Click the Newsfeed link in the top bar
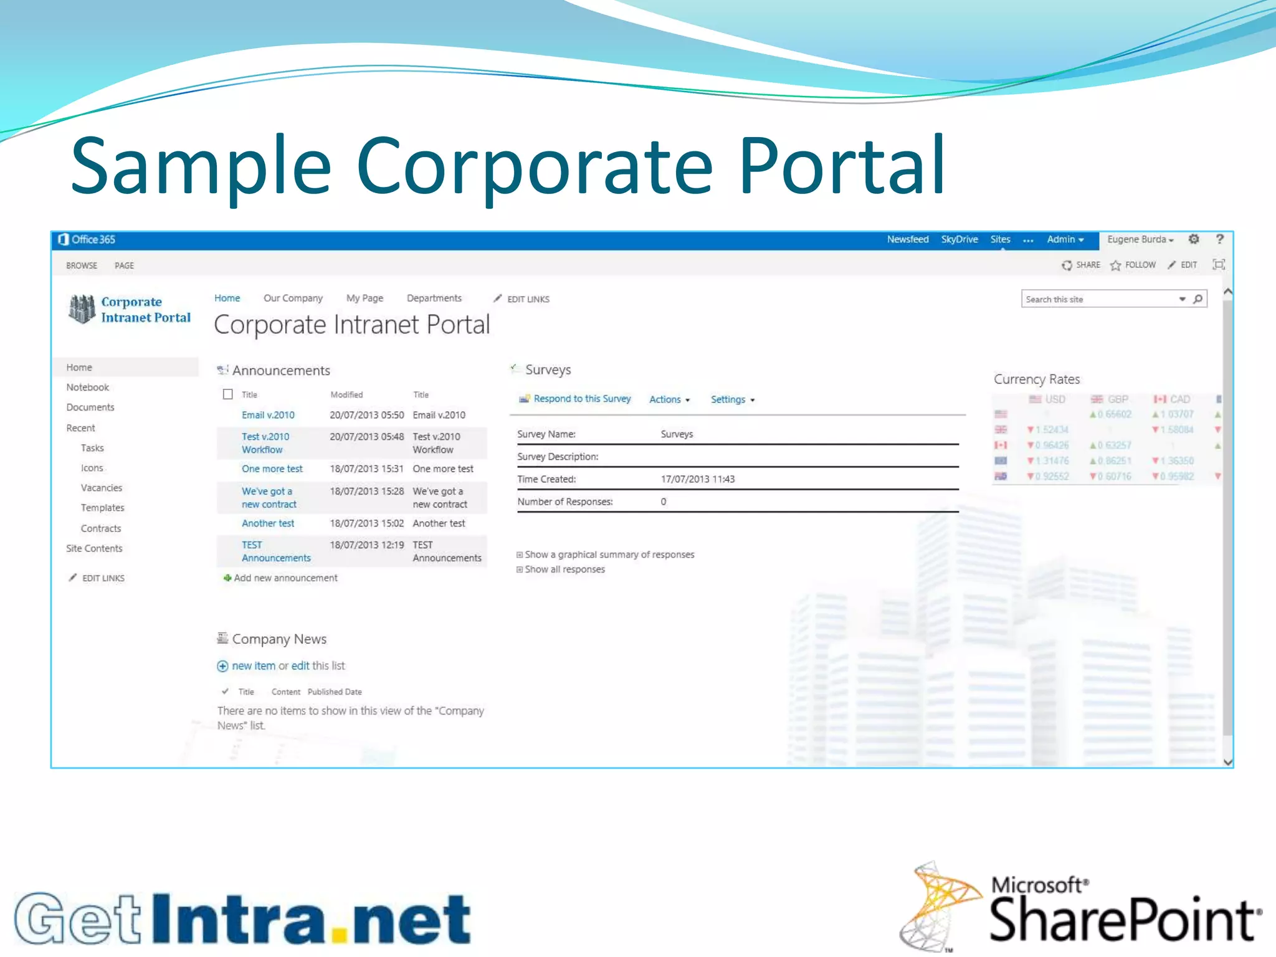(907, 239)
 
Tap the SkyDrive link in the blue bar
(959, 239)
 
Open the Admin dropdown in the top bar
(1065, 239)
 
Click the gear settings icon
(1194, 239)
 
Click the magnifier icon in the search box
(1197, 299)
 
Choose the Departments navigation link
(434, 298)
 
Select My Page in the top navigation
(364, 298)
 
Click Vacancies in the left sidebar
(101, 488)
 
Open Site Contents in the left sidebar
(94, 548)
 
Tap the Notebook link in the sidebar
(87, 388)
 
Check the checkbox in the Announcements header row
(228, 394)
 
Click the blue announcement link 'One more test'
(272, 469)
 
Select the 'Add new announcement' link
(285, 578)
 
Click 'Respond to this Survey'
(581, 399)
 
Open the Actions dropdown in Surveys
(669, 399)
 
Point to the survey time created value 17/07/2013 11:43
(697, 479)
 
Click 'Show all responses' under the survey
(564, 569)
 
